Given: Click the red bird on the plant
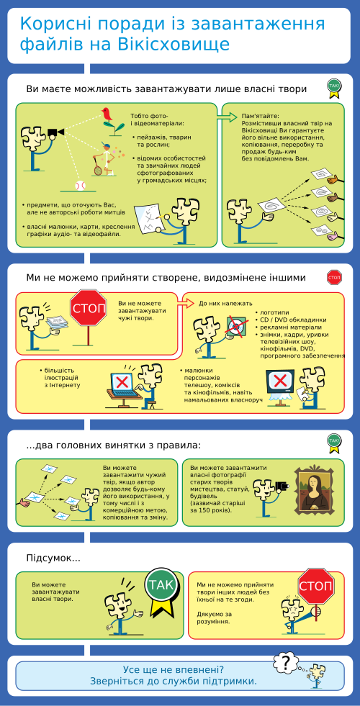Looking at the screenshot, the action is click(108, 114).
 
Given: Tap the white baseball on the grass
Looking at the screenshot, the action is click(80, 185).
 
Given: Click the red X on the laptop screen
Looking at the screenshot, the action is click(122, 382).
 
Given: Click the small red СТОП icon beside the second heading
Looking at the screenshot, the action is click(334, 277).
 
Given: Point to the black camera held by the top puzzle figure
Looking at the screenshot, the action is click(55, 132).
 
